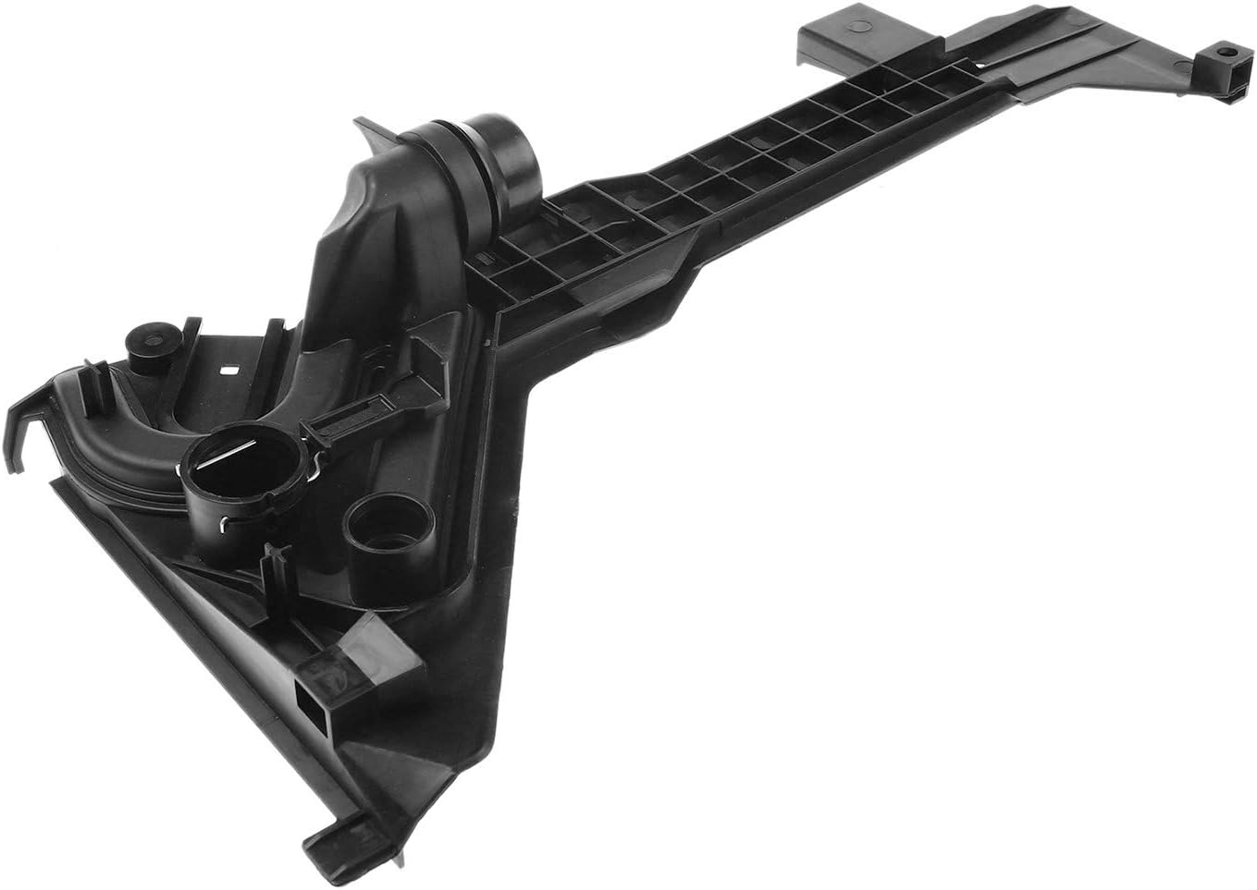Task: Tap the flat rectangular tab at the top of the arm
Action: pos(828,37)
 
